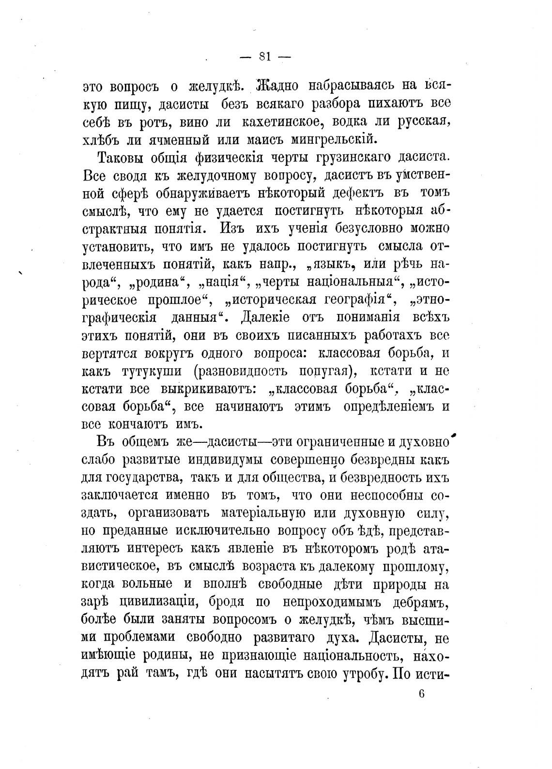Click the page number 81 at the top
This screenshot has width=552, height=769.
pos(265,57)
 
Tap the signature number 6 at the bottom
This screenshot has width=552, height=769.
pos(421,693)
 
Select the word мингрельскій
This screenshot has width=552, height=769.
pos(333,139)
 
